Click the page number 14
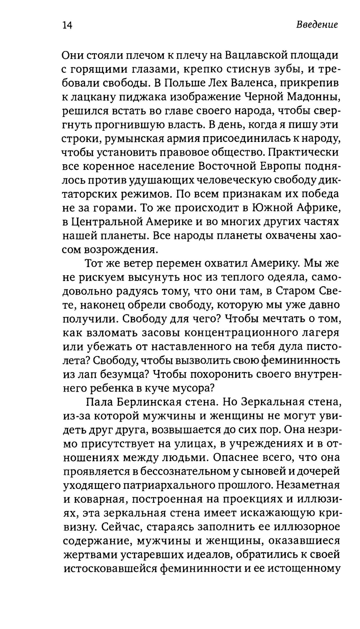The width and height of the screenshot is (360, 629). tap(67, 25)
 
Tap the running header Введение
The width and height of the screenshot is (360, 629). tap(317, 25)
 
